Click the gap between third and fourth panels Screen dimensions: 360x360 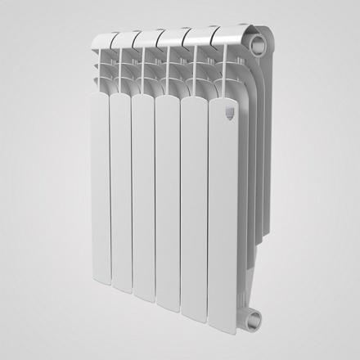coord(155,196)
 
